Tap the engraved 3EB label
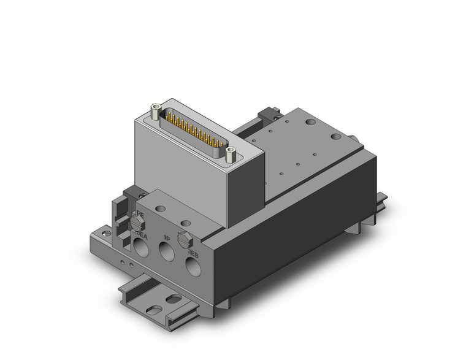pos(192,252)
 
